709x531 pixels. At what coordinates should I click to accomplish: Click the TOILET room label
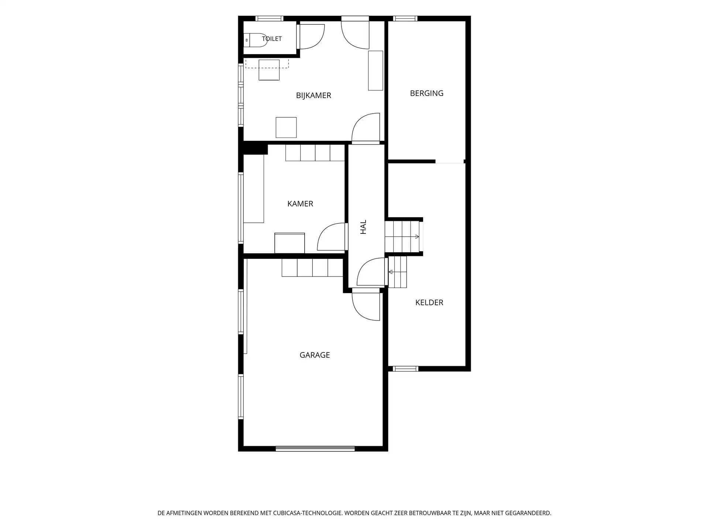point(272,39)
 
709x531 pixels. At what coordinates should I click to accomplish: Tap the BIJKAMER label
point(314,96)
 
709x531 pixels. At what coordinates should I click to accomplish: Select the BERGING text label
point(427,93)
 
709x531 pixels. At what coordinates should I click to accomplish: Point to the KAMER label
point(300,204)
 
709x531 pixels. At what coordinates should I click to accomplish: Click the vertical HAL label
point(363,227)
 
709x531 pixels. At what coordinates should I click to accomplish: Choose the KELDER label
point(429,302)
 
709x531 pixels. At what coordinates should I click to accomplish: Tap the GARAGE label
point(315,355)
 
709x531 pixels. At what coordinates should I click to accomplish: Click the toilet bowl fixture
point(256,40)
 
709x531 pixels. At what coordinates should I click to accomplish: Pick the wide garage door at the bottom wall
point(315,449)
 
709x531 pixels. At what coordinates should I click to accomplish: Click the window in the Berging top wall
point(405,18)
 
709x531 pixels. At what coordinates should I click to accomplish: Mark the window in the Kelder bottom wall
point(405,369)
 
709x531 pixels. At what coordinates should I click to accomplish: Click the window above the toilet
point(270,18)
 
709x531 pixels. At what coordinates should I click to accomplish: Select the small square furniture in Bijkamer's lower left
point(286,128)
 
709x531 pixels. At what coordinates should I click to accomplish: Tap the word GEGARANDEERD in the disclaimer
point(526,513)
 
